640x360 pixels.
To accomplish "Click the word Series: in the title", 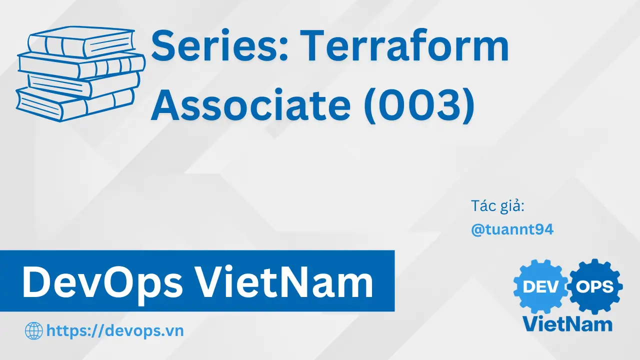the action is point(219,45).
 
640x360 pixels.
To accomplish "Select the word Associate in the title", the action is point(250,104).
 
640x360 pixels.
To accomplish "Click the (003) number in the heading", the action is point(419,105).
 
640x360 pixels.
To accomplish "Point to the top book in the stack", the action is point(81,42).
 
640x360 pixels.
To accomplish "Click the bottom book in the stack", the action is point(75,104).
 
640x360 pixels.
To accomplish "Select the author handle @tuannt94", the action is point(512,229).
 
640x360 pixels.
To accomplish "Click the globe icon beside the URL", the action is point(34,331).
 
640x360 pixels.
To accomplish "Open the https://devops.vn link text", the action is point(115,331).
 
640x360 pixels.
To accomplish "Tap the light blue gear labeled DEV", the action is point(540,286).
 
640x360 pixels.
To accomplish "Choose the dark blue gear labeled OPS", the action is point(595,286).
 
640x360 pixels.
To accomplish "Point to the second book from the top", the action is point(81,65).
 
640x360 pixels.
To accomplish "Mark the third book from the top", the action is point(83,84).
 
